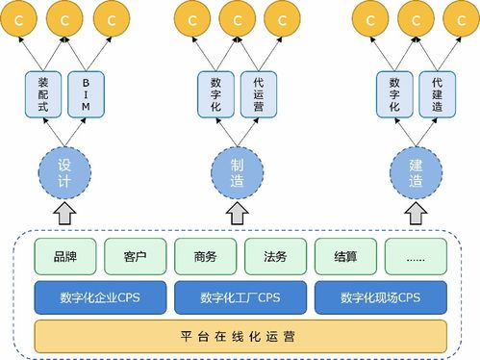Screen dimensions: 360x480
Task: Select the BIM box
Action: (x=86, y=96)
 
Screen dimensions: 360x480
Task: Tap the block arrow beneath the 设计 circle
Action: (x=64, y=213)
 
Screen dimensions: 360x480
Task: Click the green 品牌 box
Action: (x=65, y=256)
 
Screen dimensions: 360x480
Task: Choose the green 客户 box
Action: (x=135, y=256)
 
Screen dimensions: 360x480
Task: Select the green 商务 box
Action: (x=206, y=256)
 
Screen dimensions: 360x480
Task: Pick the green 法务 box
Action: (x=275, y=256)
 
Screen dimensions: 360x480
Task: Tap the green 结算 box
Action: (x=345, y=256)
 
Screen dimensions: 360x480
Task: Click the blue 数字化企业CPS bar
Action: (x=99, y=296)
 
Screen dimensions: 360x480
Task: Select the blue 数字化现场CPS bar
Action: (x=381, y=296)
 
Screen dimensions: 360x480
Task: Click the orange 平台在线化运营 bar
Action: (x=240, y=336)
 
